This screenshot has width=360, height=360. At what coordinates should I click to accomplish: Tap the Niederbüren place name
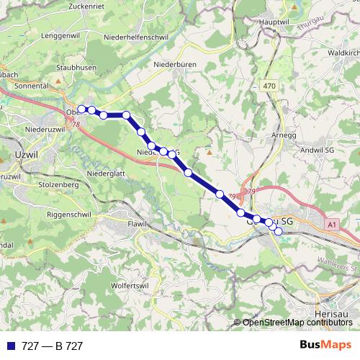[176, 64]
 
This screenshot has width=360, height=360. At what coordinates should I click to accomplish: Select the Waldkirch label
[343, 53]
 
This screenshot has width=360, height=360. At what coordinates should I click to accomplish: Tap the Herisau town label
[332, 315]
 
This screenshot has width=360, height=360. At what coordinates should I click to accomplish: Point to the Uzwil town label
[25, 154]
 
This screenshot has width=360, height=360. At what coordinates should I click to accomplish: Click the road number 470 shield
[269, 86]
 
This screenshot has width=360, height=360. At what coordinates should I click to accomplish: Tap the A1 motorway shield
[331, 225]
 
